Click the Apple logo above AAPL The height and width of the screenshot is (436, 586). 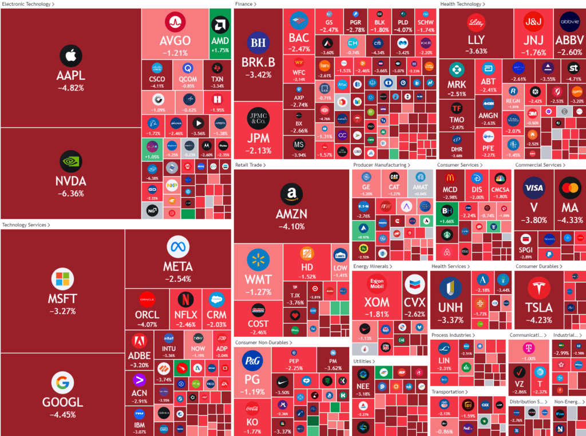(71, 56)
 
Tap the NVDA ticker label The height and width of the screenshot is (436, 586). (71, 181)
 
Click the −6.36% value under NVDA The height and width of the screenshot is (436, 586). (71, 194)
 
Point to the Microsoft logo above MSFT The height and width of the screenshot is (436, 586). (62, 280)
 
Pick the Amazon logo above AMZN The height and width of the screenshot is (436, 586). (291, 194)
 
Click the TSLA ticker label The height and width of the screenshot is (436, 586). (539, 308)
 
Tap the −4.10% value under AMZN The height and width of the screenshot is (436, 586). (291, 226)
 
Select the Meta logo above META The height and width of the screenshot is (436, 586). (178, 248)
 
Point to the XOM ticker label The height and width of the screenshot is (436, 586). (377, 302)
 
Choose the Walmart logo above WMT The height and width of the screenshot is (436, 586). (258, 261)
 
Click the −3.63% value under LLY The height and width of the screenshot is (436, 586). (476, 51)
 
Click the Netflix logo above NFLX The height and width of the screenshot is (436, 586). (185, 298)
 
